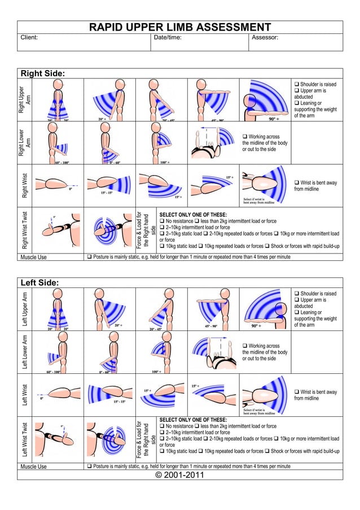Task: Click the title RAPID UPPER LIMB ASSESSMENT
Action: click(180, 28)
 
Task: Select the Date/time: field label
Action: click(168, 38)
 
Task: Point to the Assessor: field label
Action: click(265, 38)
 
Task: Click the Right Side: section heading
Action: click(42, 74)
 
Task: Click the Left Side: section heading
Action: click(39, 283)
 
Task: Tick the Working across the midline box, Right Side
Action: click(245, 137)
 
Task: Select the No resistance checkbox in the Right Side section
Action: click(163, 221)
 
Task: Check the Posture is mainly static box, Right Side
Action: click(89, 257)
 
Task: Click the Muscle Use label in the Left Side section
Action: click(34, 467)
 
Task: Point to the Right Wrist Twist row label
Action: click(24, 230)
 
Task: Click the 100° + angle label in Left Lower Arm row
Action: click(159, 372)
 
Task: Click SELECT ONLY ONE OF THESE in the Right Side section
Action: click(193, 215)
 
